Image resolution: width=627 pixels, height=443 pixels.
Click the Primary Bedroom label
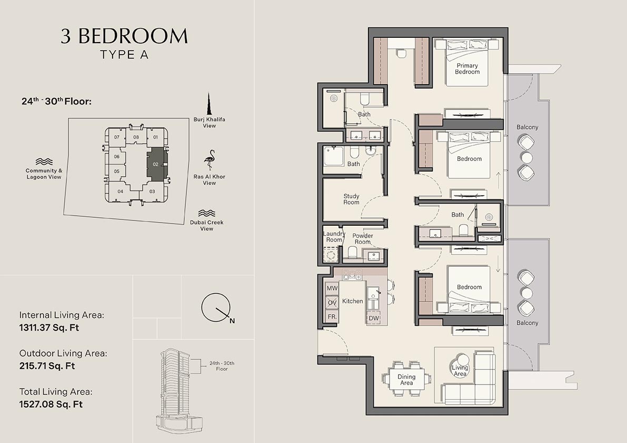tap(467, 69)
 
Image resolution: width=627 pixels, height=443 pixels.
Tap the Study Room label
tap(351, 199)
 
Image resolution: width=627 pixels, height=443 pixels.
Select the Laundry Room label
tap(334, 237)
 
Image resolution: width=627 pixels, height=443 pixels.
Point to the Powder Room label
tap(363, 239)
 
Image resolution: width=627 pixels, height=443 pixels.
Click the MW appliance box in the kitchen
tap(332, 289)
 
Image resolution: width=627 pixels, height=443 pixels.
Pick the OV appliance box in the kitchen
tap(332, 303)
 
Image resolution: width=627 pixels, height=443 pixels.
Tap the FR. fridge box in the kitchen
tap(332, 317)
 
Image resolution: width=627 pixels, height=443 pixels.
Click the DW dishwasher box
tap(374, 318)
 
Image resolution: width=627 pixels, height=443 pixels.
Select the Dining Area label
tap(406, 380)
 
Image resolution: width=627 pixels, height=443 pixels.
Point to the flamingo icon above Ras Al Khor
tap(210, 159)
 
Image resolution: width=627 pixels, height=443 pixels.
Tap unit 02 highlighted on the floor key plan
tap(156, 164)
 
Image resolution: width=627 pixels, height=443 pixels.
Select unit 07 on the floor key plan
tap(117, 137)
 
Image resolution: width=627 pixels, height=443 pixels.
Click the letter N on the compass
tap(232, 320)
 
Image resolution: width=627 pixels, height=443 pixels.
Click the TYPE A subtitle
tap(124, 54)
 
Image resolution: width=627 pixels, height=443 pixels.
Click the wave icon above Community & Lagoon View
tap(44, 162)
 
